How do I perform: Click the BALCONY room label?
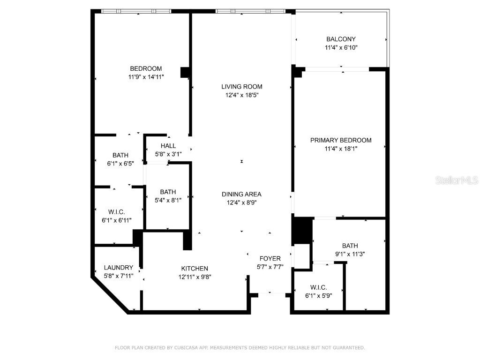(341, 39)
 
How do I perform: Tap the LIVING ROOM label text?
(242, 87)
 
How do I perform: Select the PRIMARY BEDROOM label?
(341, 140)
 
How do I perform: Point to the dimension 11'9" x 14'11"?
(146, 77)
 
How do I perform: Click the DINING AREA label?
(242, 194)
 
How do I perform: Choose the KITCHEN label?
(195, 269)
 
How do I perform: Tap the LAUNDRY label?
(118, 268)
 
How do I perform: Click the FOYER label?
(270, 259)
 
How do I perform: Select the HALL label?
(168, 146)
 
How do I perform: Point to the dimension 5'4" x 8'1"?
(168, 200)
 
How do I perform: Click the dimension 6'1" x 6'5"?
(120, 164)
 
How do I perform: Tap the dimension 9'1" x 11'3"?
(350, 254)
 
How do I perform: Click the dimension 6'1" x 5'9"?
(318, 296)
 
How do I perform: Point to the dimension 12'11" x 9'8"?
(195, 277)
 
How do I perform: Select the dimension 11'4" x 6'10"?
(341, 48)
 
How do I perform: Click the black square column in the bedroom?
(185, 72)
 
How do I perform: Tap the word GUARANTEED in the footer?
(347, 348)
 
